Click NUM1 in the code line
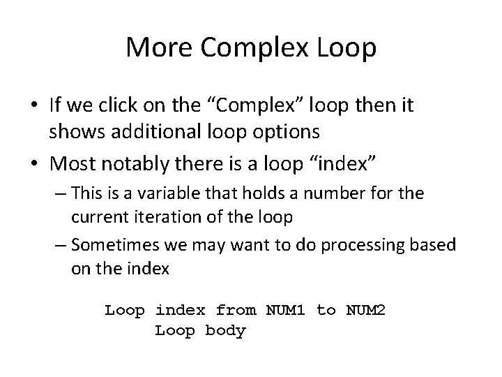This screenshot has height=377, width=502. pos(281,309)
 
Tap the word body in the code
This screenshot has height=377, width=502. pos(226,330)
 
